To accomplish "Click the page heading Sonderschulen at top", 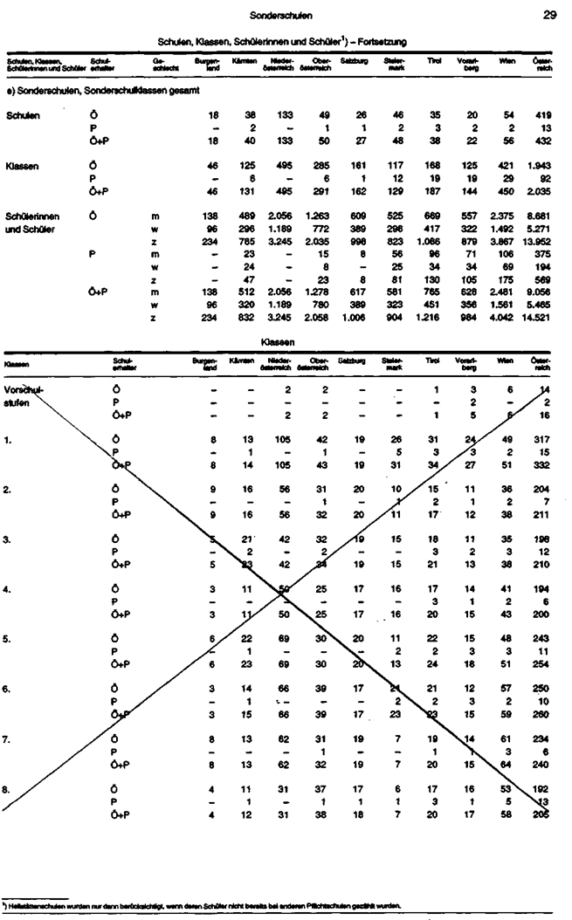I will (281, 15).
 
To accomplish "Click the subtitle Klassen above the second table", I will (281, 342).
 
